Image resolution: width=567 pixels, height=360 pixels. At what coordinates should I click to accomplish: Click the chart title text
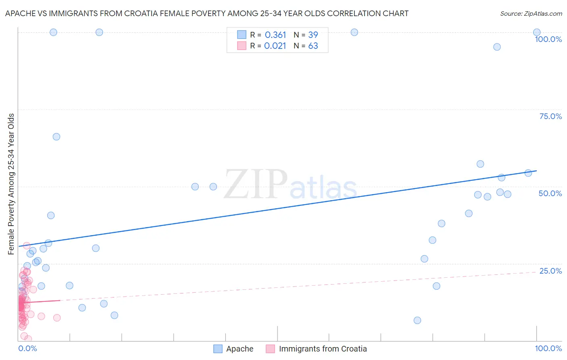pos(206,13)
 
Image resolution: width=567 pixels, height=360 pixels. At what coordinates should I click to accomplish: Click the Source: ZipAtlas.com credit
pos(531,13)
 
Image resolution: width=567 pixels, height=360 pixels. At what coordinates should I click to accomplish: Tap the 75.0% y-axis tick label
pos(550,116)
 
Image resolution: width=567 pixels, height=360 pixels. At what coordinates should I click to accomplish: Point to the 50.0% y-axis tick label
pos(550,193)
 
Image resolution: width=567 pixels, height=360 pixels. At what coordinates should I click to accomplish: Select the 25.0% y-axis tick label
pos(550,271)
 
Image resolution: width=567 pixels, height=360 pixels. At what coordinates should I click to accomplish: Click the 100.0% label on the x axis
pos(548,348)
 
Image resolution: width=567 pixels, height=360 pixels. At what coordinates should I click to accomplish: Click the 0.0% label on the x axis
pos(27,348)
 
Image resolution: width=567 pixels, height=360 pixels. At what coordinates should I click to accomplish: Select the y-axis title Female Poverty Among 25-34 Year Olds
pos(11,184)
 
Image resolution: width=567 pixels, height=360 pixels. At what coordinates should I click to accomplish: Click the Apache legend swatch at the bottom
pos(218,349)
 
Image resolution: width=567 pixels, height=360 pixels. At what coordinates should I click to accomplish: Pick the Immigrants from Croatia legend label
pos(323,349)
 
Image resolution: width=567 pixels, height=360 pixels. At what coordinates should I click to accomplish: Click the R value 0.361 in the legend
pos(275,35)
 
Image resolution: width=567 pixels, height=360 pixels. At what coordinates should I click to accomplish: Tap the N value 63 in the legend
pos(313,46)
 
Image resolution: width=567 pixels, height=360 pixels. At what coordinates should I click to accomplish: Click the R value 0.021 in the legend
pos(275,46)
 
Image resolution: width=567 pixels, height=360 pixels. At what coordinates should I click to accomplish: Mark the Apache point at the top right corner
pos(537,32)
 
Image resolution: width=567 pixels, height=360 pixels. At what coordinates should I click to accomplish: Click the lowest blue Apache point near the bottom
pos(417,320)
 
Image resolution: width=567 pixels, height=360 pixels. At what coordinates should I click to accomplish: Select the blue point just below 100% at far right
pos(497,47)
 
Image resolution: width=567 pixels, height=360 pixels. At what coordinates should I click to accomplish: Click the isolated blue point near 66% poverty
pos(56,137)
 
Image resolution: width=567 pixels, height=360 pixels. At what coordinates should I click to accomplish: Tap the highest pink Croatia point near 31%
pos(27,245)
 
